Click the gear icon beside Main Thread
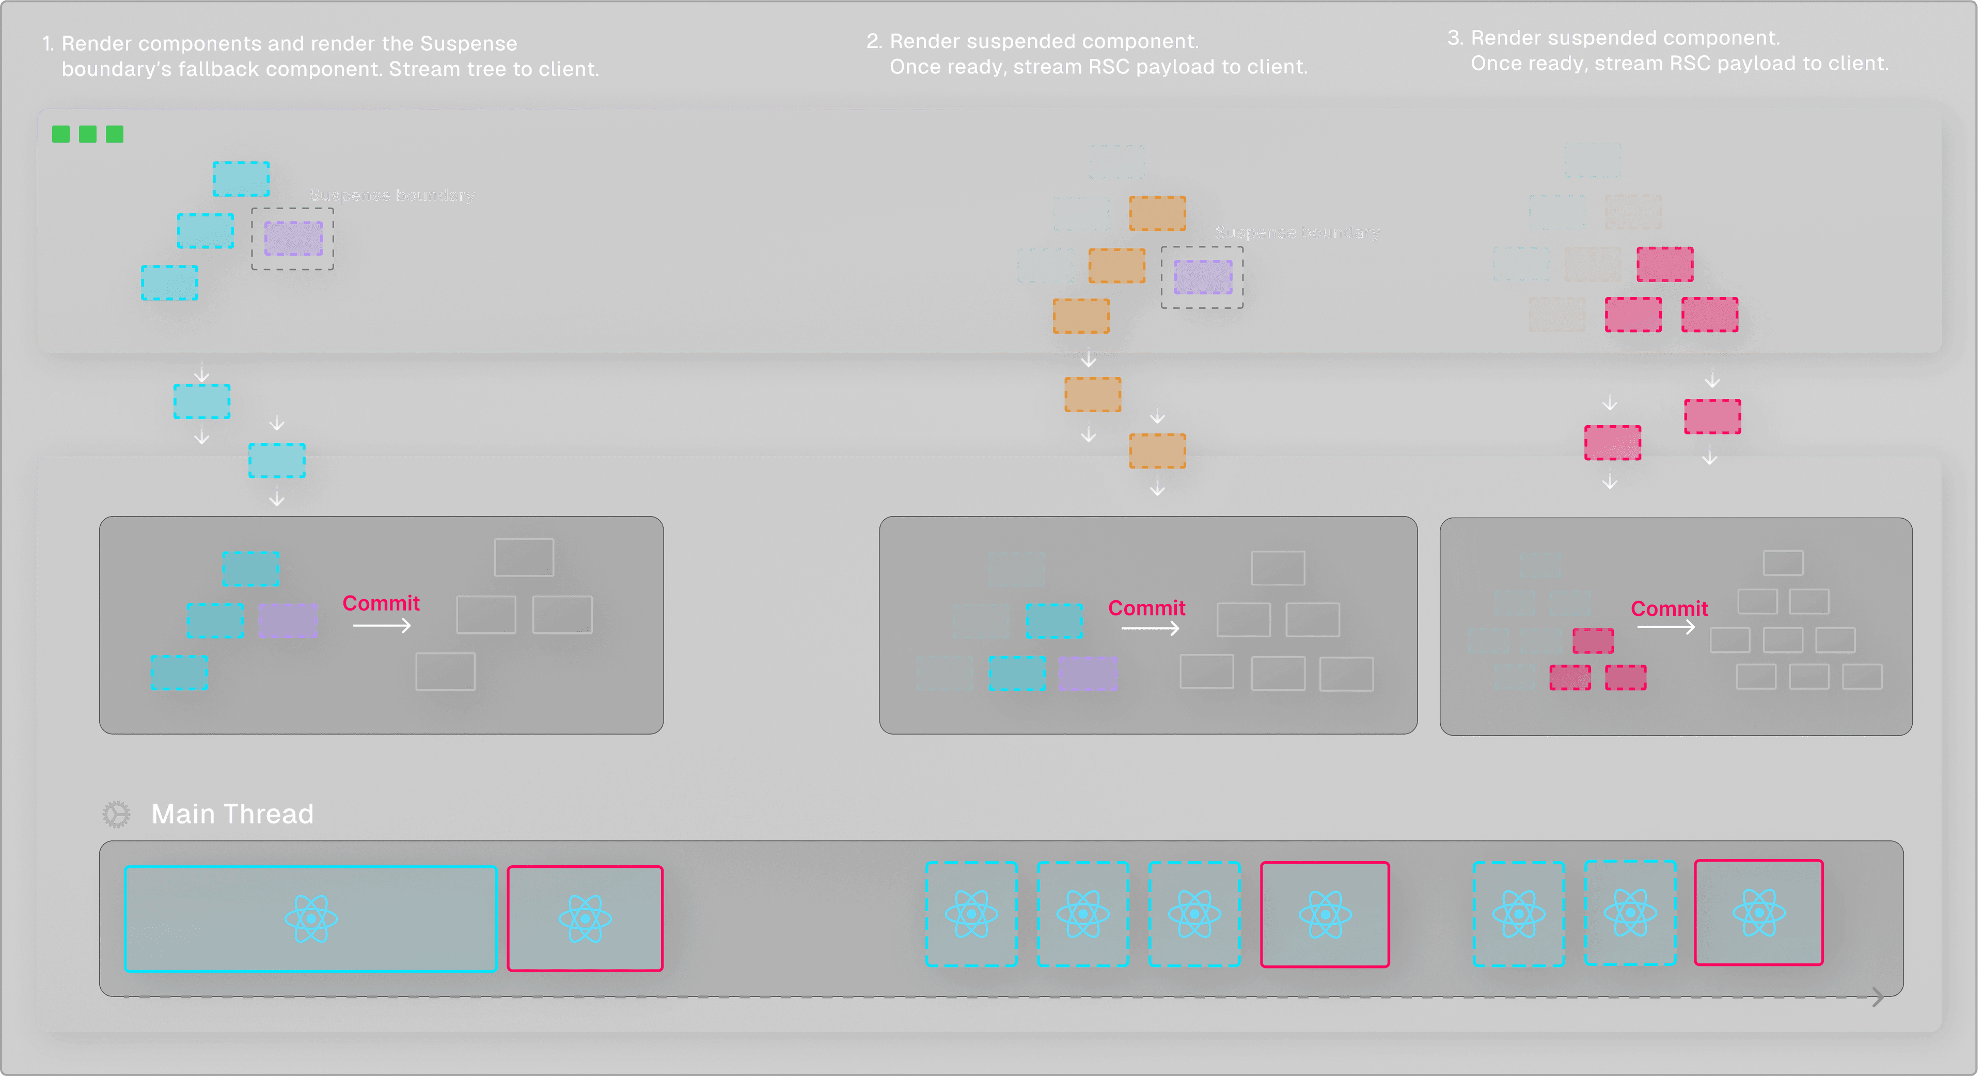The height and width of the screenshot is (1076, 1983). coord(116,814)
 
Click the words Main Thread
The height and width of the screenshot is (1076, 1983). coord(232,814)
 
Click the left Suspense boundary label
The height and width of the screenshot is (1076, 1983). coord(392,195)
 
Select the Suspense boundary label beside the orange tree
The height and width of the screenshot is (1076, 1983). coord(1297,232)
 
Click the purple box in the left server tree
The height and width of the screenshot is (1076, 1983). coord(293,238)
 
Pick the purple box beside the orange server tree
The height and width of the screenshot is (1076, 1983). coord(1202,276)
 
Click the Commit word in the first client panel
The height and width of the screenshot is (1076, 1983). coord(381,603)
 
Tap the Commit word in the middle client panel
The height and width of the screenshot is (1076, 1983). coord(1146,607)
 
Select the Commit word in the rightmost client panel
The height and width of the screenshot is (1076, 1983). coord(1669,609)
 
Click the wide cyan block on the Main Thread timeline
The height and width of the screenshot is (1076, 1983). coord(310,918)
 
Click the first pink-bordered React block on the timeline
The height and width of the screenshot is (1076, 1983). coord(585,918)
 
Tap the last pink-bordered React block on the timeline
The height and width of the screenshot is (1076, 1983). coord(1758,913)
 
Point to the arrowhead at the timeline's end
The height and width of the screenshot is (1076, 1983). coord(1878,996)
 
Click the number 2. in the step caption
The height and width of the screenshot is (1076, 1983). coord(874,41)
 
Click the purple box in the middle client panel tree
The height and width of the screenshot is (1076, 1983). coord(1088,673)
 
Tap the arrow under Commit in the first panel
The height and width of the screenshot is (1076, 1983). coord(382,626)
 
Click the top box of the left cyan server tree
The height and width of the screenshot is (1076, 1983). coord(241,179)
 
